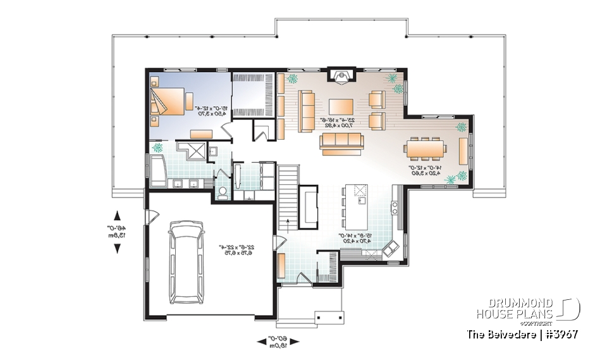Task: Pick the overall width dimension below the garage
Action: (279, 342)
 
